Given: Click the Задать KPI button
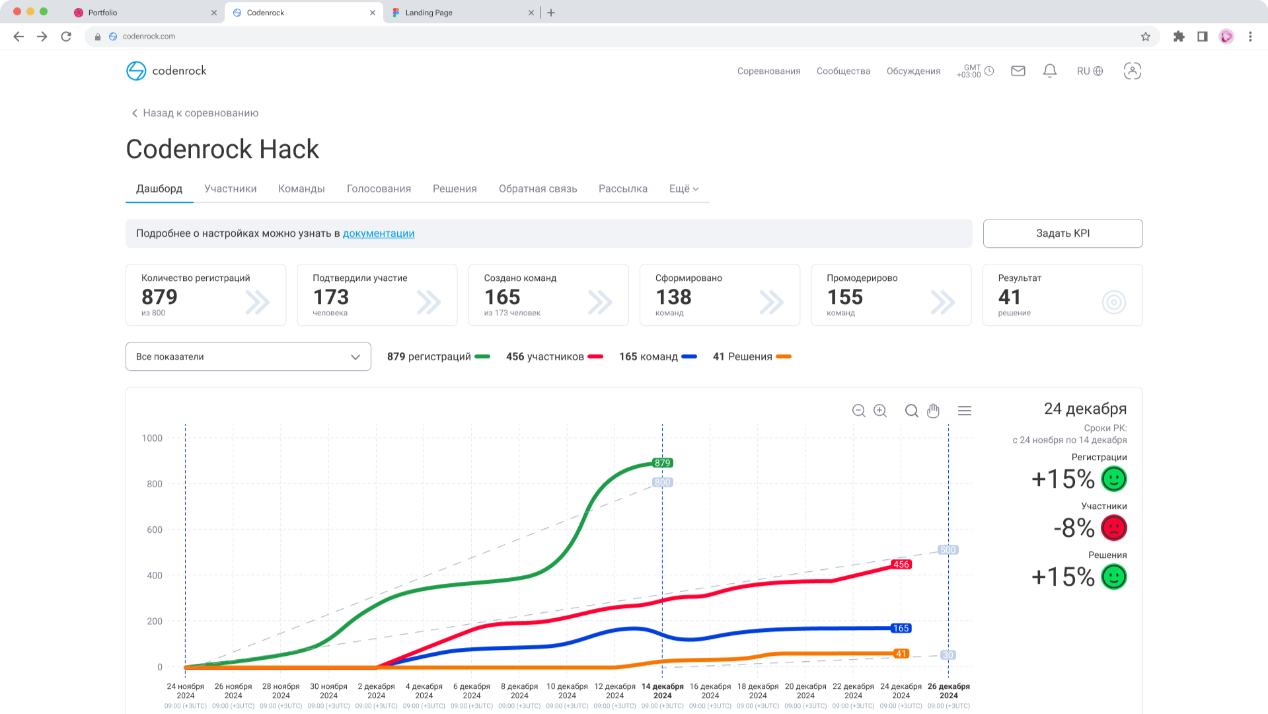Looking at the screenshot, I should click(x=1063, y=233).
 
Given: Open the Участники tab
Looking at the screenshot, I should click(x=230, y=188).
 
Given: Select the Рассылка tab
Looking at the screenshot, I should click(x=622, y=188).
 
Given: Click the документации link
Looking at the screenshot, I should click(x=378, y=233).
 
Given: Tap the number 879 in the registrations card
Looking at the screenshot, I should click(x=159, y=297).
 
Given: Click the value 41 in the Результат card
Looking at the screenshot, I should click(x=1009, y=297).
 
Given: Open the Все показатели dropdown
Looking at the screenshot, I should click(x=248, y=356).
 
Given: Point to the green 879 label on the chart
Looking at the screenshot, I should click(x=662, y=463).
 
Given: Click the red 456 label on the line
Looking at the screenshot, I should click(x=901, y=564).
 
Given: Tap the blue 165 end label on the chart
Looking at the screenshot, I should click(x=901, y=628).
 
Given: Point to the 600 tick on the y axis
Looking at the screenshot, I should click(x=154, y=530).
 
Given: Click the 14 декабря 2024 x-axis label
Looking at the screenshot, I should click(x=662, y=691).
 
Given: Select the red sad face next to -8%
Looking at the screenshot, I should click(x=1113, y=528).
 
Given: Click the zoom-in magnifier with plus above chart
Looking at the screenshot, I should click(x=880, y=411).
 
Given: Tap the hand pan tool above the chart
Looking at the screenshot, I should click(x=933, y=411).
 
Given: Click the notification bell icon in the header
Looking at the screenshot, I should click(x=1049, y=71).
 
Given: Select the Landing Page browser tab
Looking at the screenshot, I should click(x=428, y=13).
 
